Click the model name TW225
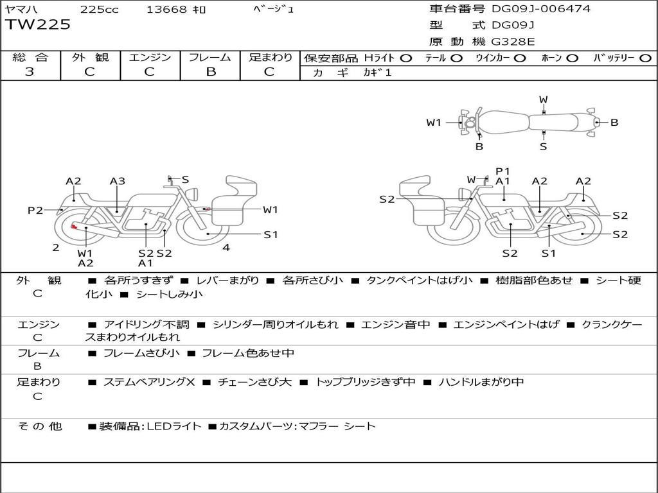pos(38,25)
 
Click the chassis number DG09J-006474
pos(541,9)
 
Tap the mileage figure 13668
pos(167,10)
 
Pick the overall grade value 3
pos(30,72)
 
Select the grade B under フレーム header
pos(210,72)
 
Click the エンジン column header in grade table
pos(150,57)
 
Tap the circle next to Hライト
pos(405,58)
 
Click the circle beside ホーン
pos(572,58)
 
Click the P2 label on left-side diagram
pos(35,210)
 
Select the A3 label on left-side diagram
pos(117,181)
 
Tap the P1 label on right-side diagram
pos(502,171)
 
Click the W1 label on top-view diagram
pos(434,122)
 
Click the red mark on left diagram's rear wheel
pos(75,227)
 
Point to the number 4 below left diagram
pos(226,247)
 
